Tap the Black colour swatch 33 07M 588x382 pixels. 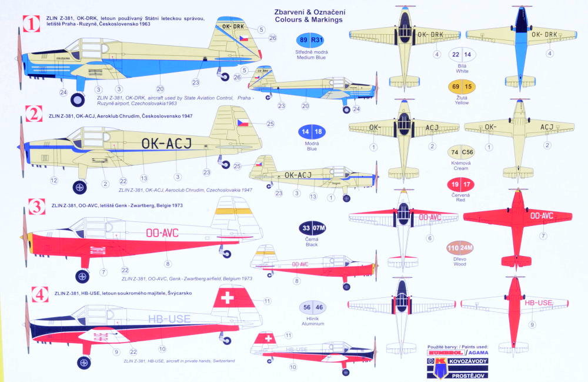(x=311, y=228)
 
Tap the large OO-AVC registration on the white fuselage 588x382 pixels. (x=162, y=232)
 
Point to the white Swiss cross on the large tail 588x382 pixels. (x=226, y=297)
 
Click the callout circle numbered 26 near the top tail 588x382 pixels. (x=272, y=38)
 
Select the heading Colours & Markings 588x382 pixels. (x=308, y=19)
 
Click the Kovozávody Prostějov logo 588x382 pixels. (x=459, y=363)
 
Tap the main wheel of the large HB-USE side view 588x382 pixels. (x=86, y=363)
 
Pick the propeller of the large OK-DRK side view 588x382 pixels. (x=21, y=59)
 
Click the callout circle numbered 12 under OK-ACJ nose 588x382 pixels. (x=54, y=180)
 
